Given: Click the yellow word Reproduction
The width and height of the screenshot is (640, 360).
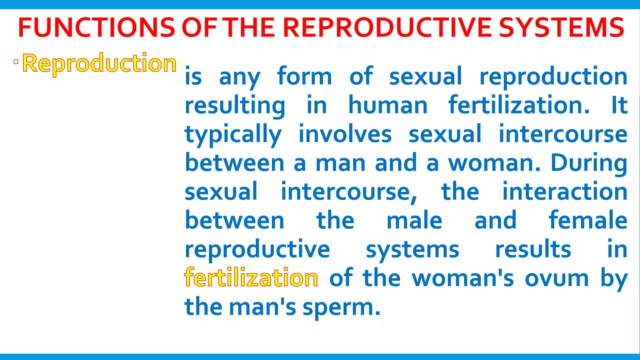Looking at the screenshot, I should click(x=99, y=63).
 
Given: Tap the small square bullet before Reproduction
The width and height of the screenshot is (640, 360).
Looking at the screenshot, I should click(x=16, y=62).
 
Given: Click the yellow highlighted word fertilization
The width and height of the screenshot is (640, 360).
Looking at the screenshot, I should click(x=251, y=278).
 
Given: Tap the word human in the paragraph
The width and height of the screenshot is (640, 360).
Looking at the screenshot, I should click(x=388, y=105).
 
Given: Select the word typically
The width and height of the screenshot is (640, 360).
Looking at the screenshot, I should click(x=233, y=134).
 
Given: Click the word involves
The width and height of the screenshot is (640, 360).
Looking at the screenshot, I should click(x=345, y=134).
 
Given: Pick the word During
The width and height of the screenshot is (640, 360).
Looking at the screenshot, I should click(x=589, y=163).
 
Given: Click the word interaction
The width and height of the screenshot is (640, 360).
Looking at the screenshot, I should click(x=565, y=192).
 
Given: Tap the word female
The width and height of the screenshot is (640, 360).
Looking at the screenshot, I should click(x=588, y=220).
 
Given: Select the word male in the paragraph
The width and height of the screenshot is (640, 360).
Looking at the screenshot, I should click(x=414, y=221).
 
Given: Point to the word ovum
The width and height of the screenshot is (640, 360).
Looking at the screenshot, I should click(x=557, y=278).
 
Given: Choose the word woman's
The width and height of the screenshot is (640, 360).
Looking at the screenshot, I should click(x=462, y=278).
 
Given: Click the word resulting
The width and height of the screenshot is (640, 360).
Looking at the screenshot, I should click(x=235, y=106).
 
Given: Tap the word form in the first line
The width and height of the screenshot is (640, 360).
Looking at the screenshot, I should click(x=304, y=77).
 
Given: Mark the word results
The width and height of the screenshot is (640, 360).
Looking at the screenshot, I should click(x=533, y=249).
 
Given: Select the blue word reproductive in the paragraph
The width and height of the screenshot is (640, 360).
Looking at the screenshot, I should click(x=257, y=249).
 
